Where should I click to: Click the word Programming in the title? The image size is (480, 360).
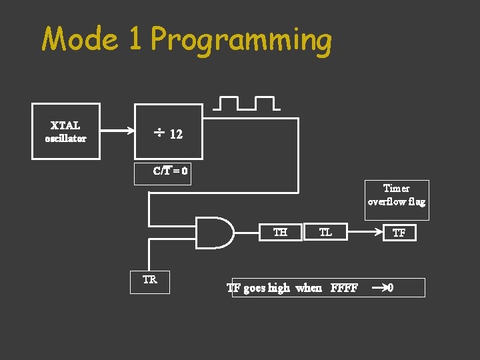[241, 41]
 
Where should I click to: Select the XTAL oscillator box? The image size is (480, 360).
[66, 131]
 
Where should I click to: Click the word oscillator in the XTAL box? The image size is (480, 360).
[66, 139]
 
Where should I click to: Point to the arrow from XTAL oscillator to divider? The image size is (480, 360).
[117, 131]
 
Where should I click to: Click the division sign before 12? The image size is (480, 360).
[159, 134]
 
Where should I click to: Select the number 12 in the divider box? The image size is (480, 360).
[176, 134]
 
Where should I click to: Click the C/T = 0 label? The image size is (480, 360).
[170, 171]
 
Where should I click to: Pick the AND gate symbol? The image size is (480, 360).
[215, 233]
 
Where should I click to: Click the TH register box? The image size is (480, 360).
[281, 232]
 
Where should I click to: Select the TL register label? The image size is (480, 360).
[325, 232]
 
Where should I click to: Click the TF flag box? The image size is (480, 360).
[399, 233]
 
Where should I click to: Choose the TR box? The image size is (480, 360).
[150, 281]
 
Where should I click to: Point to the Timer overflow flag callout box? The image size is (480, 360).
[397, 199]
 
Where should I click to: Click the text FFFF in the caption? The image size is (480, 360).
[344, 288]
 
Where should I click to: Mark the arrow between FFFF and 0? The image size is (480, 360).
[379, 288]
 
